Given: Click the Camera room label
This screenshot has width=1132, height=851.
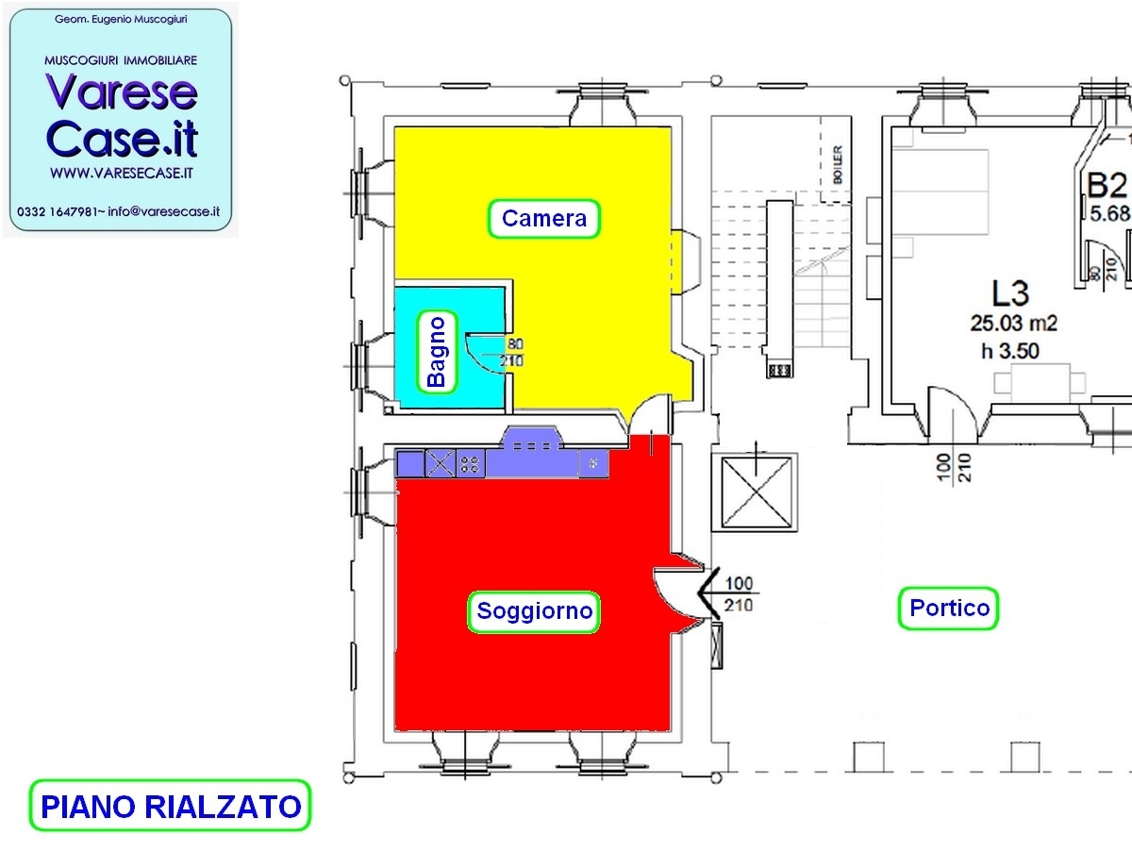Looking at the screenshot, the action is [544, 219].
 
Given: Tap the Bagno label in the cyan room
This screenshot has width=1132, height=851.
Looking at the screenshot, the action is [437, 352].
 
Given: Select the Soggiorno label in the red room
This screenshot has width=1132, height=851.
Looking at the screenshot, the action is [534, 611].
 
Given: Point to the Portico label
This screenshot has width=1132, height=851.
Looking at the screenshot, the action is [949, 609].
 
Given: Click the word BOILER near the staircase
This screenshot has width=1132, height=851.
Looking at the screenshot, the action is [838, 164].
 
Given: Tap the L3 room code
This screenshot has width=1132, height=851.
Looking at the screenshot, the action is [1010, 293].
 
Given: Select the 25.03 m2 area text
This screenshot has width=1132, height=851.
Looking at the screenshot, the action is [1014, 324].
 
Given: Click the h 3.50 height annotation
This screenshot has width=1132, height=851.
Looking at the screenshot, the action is [1009, 352].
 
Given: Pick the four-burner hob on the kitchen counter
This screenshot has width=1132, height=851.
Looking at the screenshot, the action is [471, 463].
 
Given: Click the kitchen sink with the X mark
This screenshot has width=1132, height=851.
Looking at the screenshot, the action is [440, 463].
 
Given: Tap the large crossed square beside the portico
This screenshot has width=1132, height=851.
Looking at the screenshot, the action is [756, 493].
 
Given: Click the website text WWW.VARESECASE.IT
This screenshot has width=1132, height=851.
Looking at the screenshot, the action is [122, 174].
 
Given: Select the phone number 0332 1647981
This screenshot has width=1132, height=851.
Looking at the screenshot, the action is [58, 212].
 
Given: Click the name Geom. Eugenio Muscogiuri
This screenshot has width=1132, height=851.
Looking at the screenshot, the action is [121, 20].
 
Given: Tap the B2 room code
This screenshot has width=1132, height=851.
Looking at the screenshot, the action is [1107, 185].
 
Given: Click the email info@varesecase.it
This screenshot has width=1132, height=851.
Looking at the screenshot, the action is [164, 212].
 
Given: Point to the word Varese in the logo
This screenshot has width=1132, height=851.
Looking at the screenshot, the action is [122, 92].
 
